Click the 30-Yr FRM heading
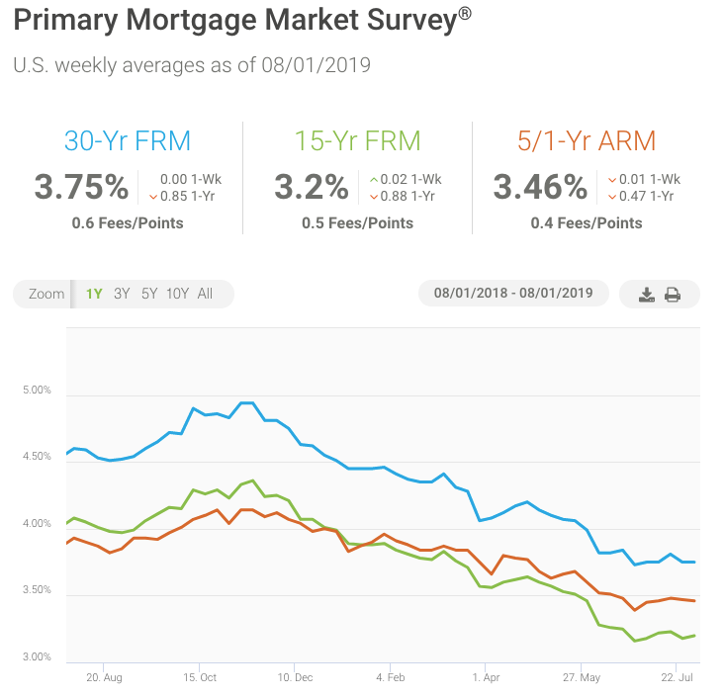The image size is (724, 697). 128,140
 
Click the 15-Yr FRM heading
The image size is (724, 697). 357,140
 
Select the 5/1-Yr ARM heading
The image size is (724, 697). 587,140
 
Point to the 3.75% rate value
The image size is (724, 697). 81,187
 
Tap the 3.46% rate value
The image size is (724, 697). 540,187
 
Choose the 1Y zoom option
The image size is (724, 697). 94,294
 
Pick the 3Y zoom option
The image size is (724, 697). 122,294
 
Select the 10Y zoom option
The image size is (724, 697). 177,294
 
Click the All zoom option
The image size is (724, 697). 205,294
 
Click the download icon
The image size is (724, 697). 647,295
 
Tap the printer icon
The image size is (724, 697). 673,295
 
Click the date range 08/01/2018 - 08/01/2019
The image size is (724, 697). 513,294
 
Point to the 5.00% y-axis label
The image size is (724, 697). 36,391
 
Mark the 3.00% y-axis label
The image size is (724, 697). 36,657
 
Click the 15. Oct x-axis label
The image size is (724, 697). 200,678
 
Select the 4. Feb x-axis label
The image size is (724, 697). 391,678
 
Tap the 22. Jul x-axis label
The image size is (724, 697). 678,678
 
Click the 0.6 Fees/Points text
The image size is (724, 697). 128,223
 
